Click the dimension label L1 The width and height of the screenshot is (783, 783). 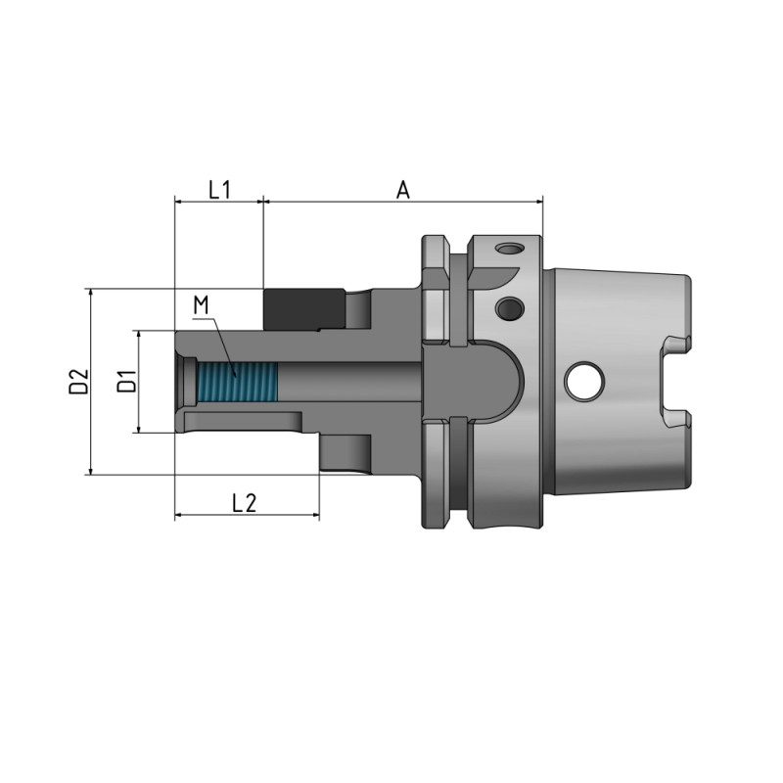pyautogui.click(x=219, y=189)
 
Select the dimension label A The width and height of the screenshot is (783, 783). pyautogui.click(x=402, y=189)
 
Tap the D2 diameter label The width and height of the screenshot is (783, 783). pyautogui.click(x=78, y=381)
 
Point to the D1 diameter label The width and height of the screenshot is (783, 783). pyautogui.click(x=126, y=381)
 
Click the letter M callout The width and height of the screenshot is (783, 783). pyautogui.click(x=202, y=305)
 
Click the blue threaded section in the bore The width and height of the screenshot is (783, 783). pyautogui.click(x=237, y=382)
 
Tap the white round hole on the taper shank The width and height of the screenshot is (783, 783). pyautogui.click(x=584, y=381)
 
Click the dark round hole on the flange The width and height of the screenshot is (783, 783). pyautogui.click(x=508, y=309)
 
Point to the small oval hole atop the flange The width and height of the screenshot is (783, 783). pyautogui.click(x=508, y=249)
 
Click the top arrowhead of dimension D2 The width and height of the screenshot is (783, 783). pyautogui.click(x=90, y=295)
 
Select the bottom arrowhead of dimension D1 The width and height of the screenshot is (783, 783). pyautogui.click(x=139, y=426)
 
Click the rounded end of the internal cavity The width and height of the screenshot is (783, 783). pyautogui.click(x=513, y=381)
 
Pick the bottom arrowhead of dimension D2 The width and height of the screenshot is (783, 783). pyautogui.click(x=90, y=469)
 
